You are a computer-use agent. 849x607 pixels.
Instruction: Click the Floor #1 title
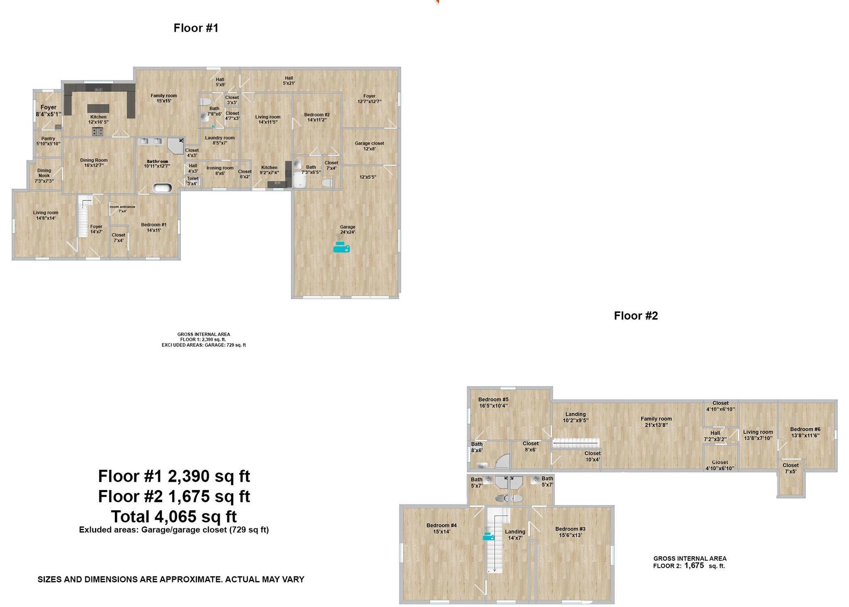(x=196, y=28)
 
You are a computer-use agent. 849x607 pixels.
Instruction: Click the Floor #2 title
(x=636, y=316)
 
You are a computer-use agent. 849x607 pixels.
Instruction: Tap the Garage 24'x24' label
(x=347, y=229)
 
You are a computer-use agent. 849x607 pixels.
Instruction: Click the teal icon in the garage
(x=342, y=248)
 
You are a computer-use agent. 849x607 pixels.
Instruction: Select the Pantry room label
(x=48, y=141)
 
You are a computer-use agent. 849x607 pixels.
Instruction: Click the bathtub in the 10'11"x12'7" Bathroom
(x=162, y=188)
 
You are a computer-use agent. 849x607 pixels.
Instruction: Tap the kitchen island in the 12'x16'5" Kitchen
(x=98, y=108)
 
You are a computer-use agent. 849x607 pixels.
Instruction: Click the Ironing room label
(x=220, y=171)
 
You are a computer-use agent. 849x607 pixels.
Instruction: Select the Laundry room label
(x=220, y=140)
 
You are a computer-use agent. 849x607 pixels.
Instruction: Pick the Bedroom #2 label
(x=317, y=117)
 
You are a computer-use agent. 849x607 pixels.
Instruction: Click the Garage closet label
(x=369, y=146)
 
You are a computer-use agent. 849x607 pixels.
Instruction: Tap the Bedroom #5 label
(x=493, y=402)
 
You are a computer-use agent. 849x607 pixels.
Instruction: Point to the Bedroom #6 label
(x=805, y=432)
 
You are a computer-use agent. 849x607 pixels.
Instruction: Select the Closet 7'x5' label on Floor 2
(x=790, y=468)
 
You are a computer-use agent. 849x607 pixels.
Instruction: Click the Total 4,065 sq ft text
(x=174, y=517)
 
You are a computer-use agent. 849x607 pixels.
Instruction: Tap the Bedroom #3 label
(x=570, y=531)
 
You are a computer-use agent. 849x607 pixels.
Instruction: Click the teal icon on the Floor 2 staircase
(x=488, y=537)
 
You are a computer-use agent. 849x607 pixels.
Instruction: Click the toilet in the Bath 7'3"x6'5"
(x=327, y=183)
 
